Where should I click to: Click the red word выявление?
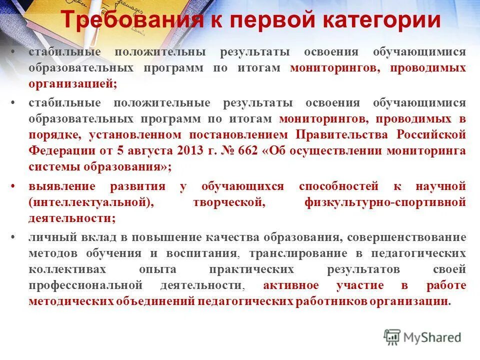pyautogui.click(x=62, y=186)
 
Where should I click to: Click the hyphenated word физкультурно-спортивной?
pyautogui.click(x=385, y=202)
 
